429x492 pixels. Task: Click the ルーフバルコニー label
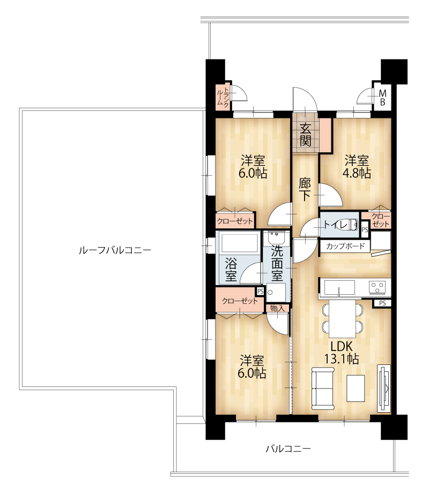(115, 250)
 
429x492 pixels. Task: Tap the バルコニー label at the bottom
(289, 449)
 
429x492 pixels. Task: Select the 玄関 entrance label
(305, 135)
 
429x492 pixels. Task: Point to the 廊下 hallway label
(305, 189)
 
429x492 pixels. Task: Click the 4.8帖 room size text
(357, 173)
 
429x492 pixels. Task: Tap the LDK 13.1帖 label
(342, 352)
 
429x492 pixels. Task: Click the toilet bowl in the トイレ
(349, 224)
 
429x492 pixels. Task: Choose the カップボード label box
(345, 247)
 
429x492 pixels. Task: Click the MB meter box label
(382, 98)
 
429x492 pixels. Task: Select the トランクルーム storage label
(223, 98)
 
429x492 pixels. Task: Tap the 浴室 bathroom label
(231, 270)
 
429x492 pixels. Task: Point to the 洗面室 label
(277, 263)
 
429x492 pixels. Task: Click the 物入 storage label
(277, 309)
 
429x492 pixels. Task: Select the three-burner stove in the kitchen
(378, 287)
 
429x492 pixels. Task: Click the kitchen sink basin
(339, 287)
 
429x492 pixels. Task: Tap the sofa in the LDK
(322, 389)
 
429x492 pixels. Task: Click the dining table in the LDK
(343, 318)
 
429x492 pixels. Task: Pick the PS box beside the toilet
(365, 230)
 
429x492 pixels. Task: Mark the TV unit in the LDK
(384, 388)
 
